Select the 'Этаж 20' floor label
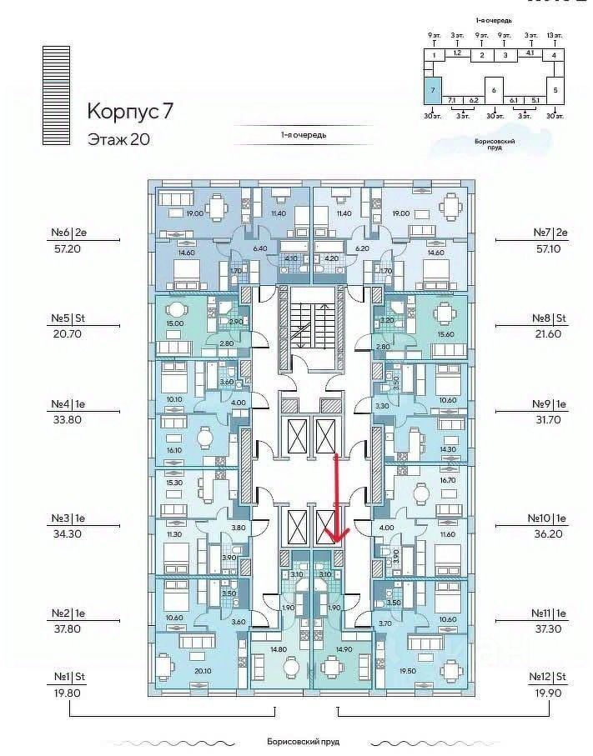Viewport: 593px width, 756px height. (118, 139)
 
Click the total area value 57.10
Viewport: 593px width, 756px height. (548, 248)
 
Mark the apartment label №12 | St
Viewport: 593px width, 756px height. (548, 677)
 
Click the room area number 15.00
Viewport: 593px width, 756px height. (174, 324)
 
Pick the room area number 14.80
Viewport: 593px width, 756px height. (279, 649)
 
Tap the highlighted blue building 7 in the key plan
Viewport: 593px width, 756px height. (431, 88)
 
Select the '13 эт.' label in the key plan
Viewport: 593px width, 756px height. (554, 36)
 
